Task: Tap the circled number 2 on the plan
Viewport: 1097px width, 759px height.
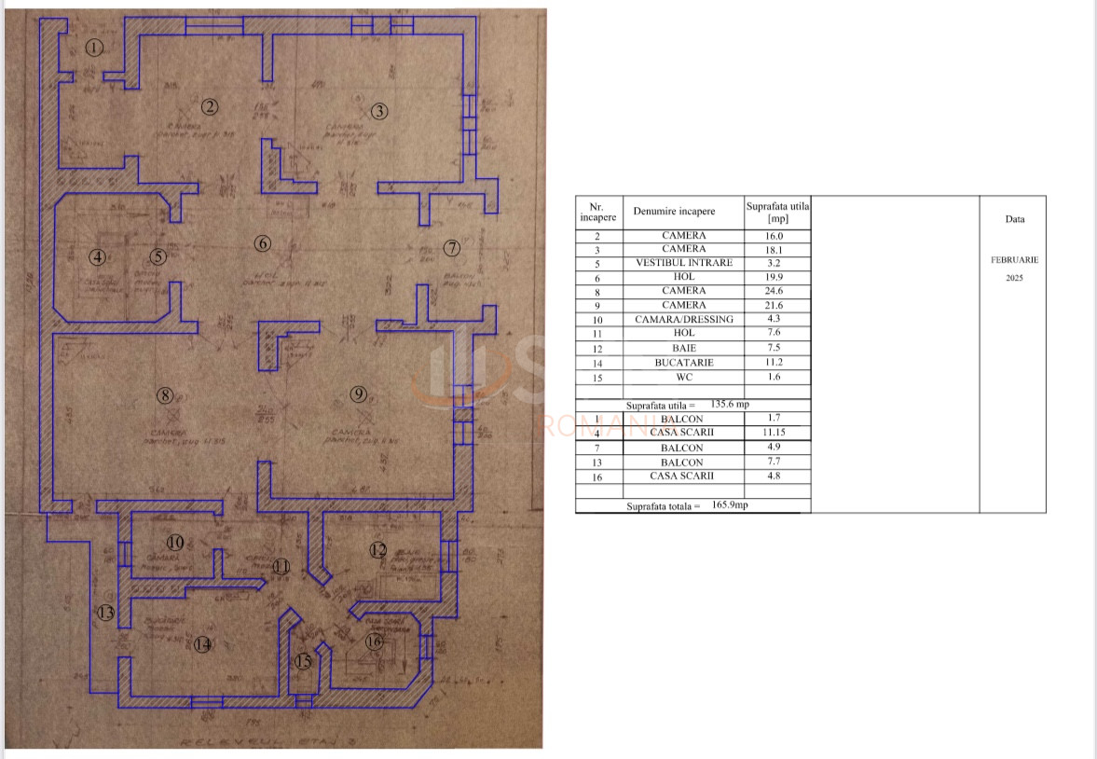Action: click(x=211, y=106)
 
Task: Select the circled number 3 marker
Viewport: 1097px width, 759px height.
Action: click(x=379, y=111)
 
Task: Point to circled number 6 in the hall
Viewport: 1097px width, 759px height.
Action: click(x=262, y=243)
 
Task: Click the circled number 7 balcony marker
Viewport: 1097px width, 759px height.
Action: click(x=452, y=248)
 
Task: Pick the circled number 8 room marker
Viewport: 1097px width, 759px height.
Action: click(x=165, y=395)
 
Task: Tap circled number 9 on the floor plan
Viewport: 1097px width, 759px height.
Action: click(x=360, y=394)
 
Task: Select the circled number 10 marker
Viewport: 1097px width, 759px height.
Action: click(x=175, y=542)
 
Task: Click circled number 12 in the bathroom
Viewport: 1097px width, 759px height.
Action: click(x=377, y=550)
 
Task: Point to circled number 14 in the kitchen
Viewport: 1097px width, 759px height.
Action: click(x=202, y=643)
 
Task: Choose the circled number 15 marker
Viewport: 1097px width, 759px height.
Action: click(x=303, y=661)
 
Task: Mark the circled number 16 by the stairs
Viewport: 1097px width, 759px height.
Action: click(x=374, y=642)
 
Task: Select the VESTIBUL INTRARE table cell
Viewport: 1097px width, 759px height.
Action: click(x=684, y=263)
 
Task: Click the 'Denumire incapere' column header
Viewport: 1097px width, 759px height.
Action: click(x=674, y=212)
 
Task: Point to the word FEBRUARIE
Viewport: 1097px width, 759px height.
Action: click(x=1014, y=260)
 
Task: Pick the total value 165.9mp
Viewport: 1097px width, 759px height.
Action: click(x=729, y=505)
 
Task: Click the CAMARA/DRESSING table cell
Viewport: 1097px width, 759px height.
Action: click(x=684, y=320)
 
